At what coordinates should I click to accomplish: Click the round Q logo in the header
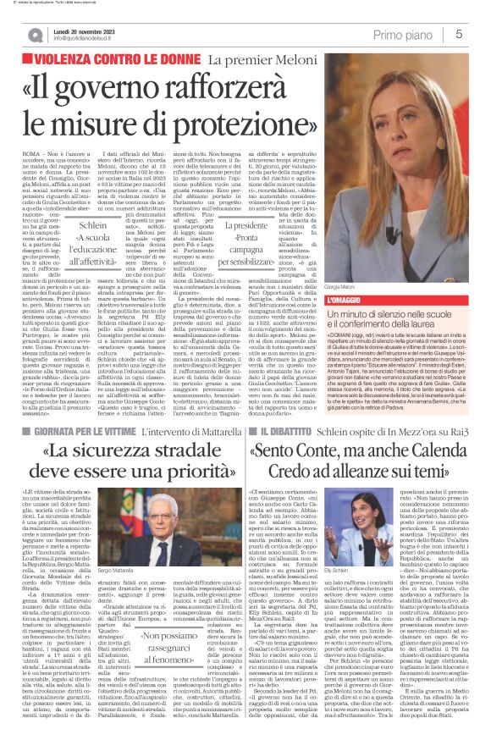tap(37, 34)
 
